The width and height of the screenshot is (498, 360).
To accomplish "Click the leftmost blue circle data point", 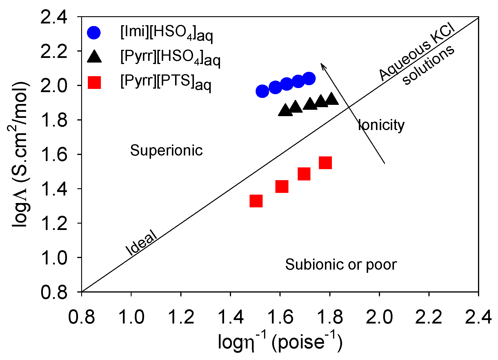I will pos(262,91).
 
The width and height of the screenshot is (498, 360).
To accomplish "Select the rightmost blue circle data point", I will pos(309,78).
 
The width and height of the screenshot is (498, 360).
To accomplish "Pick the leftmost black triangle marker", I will pos(285,110).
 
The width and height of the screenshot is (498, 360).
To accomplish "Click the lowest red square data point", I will pos(256,201).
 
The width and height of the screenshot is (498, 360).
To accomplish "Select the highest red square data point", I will pos(325,163).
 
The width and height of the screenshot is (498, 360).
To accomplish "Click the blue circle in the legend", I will pos(94,33).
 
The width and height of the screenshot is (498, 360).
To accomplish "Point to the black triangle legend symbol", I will pos(94,56).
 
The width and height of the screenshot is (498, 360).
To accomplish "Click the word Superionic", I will pos(166,150).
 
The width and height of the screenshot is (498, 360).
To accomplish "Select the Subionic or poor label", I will pos(341,264).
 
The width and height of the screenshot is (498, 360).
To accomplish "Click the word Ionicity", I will pos(381,125).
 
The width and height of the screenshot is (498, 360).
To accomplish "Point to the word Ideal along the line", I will pos(141,243).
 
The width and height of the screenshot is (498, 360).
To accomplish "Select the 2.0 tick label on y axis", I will pos(54,86).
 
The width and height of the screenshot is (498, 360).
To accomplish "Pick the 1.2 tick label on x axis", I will pos(181,317).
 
